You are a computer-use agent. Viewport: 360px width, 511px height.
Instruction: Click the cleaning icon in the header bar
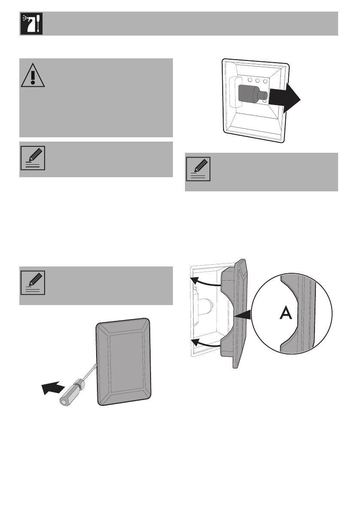coord(30,23)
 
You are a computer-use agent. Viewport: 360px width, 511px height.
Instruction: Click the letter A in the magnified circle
coord(285,314)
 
